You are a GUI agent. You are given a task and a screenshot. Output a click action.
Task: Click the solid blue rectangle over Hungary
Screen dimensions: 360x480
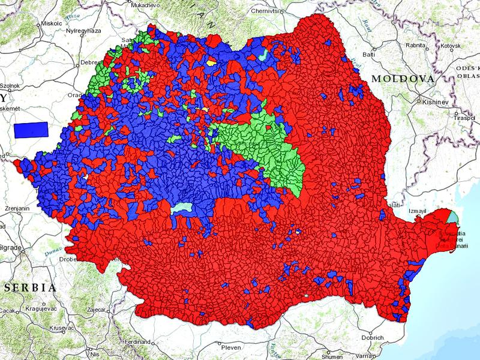tap(31, 129)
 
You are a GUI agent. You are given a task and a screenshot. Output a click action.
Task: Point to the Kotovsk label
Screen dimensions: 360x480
tap(449, 46)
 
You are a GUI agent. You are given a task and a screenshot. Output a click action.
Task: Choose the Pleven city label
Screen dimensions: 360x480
tap(231, 347)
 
